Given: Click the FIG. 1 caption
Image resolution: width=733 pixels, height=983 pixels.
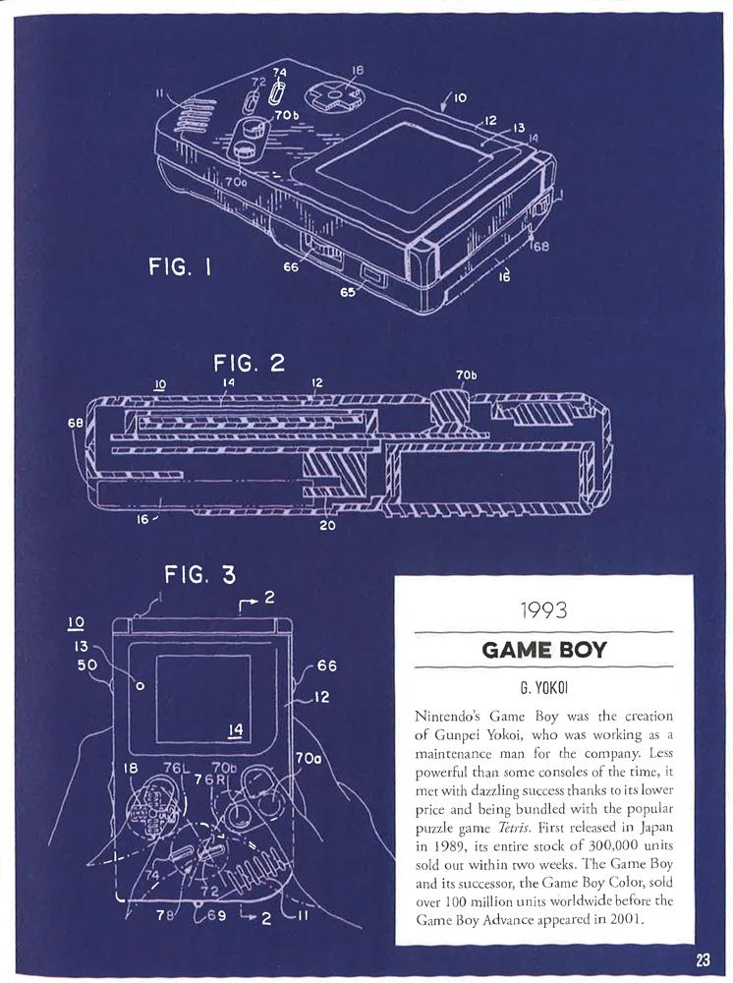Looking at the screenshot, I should (x=180, y=267).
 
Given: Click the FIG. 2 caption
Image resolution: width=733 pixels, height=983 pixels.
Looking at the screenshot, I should (x=249, y=363).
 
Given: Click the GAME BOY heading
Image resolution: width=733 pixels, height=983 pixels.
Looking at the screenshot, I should (x=543, y=650).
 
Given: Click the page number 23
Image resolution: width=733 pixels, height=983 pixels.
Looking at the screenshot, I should (x=702, y=959).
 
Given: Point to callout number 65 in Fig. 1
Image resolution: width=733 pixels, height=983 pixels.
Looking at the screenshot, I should (x=348, y=291).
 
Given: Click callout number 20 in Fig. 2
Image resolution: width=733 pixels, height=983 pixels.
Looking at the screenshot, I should (x=326, y=526).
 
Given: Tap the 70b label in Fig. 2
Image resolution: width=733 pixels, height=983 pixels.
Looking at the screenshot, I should (x=466, y=376).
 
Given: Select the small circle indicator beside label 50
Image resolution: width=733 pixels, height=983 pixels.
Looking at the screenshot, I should (x=140, y=686).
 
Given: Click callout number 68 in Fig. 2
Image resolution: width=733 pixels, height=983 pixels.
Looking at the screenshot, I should (x=75, y=424).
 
